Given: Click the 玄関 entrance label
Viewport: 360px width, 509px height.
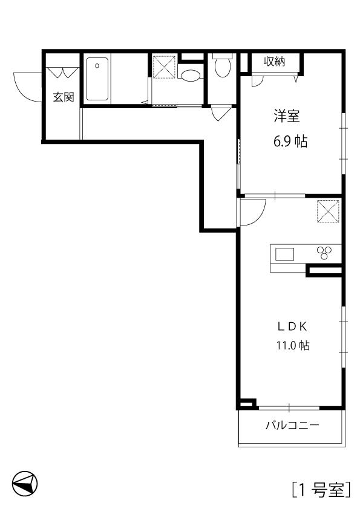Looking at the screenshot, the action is (x=64, y=97).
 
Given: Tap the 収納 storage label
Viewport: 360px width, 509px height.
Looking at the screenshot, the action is (x=275, y=61).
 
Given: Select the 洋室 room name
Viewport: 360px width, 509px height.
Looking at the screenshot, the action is (x=286, y=116).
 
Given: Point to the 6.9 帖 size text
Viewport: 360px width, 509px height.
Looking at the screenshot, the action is (x=290, y=141).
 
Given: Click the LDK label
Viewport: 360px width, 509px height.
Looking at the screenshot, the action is (x=292, y=327).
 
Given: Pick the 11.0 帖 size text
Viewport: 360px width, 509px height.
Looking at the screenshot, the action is (x=292, y=345).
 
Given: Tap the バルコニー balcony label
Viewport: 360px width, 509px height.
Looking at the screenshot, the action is (x=292, y=425).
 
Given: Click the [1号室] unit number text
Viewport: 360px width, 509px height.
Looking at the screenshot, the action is (x=321, y=490).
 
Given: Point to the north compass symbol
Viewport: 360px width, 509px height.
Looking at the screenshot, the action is (x=25, y=484).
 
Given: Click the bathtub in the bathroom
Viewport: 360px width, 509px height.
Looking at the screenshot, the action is (x=97, y=79).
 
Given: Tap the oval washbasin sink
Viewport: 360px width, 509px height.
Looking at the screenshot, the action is (x=191, y=76).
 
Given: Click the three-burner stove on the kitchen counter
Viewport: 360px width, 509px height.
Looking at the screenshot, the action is (x=324, y=253).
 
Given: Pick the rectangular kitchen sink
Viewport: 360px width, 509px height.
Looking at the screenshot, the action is (x=284, y=254).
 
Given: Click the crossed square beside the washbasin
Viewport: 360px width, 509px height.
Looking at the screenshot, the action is (x=164, y=67).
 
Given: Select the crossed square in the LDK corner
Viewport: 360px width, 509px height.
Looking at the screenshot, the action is (x=328, y=212).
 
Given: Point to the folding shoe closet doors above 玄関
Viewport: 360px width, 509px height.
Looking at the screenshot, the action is (x=63, y=72).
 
